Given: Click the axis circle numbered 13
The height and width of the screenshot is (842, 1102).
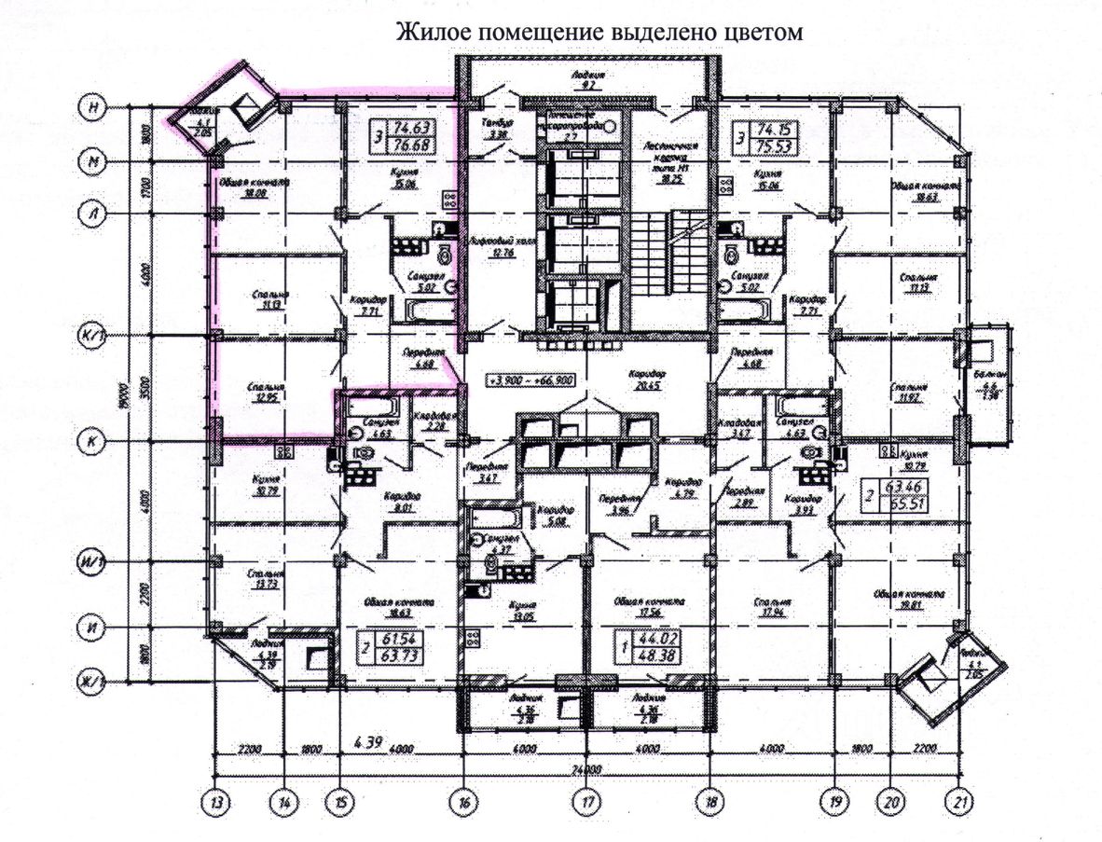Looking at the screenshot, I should [216, 801].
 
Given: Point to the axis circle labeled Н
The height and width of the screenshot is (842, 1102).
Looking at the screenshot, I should [90, 108].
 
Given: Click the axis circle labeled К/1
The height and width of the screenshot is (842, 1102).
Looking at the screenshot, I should [90, 335].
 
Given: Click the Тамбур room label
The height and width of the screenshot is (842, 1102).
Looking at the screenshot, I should [493, 128].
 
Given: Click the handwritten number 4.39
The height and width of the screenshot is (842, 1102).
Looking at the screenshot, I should [371, 742].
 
